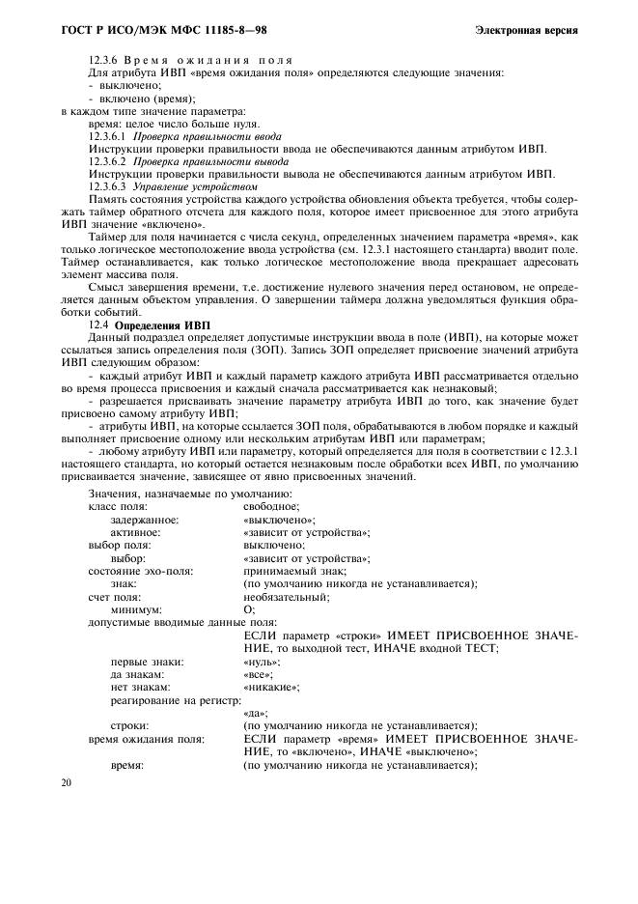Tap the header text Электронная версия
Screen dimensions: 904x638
coord(527,30)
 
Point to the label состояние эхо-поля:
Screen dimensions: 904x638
coord(140,571)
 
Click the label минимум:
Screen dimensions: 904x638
coord(136,609)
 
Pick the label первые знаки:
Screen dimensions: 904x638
coord(147,662)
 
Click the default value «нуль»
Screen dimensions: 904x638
coord(262,662)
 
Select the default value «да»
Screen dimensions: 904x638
coord(256,713)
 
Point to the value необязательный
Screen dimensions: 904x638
coord(286,597)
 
